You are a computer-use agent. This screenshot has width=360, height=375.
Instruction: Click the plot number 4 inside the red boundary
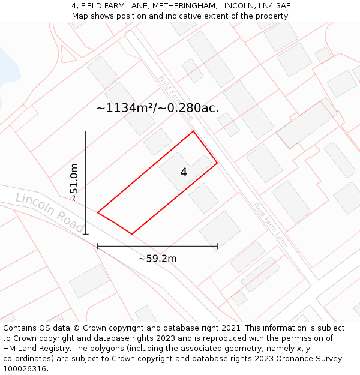click(x=184, y=173)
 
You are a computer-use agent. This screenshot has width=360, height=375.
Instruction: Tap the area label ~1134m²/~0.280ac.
click(x=157, y=108)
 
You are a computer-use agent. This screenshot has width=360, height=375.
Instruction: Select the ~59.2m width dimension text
click(x=157, y=259)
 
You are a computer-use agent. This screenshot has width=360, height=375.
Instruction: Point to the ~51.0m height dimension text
click(x=74, y=182)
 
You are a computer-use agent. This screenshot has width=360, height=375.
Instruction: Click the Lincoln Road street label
click(x=49, y=212)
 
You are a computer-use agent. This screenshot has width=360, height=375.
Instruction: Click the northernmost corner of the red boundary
click(x=193, y=131)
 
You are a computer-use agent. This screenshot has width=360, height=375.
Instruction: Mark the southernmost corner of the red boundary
click(x=132, y=234)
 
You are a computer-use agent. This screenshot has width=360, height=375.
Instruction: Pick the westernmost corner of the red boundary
click(x=98, y=212)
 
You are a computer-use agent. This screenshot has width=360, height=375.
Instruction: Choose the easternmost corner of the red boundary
click(x=217, y=163)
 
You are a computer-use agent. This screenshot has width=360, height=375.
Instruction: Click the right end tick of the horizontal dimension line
click(x=217, y=246)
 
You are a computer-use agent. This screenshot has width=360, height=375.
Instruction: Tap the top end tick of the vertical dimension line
click(x=86, y=131)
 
